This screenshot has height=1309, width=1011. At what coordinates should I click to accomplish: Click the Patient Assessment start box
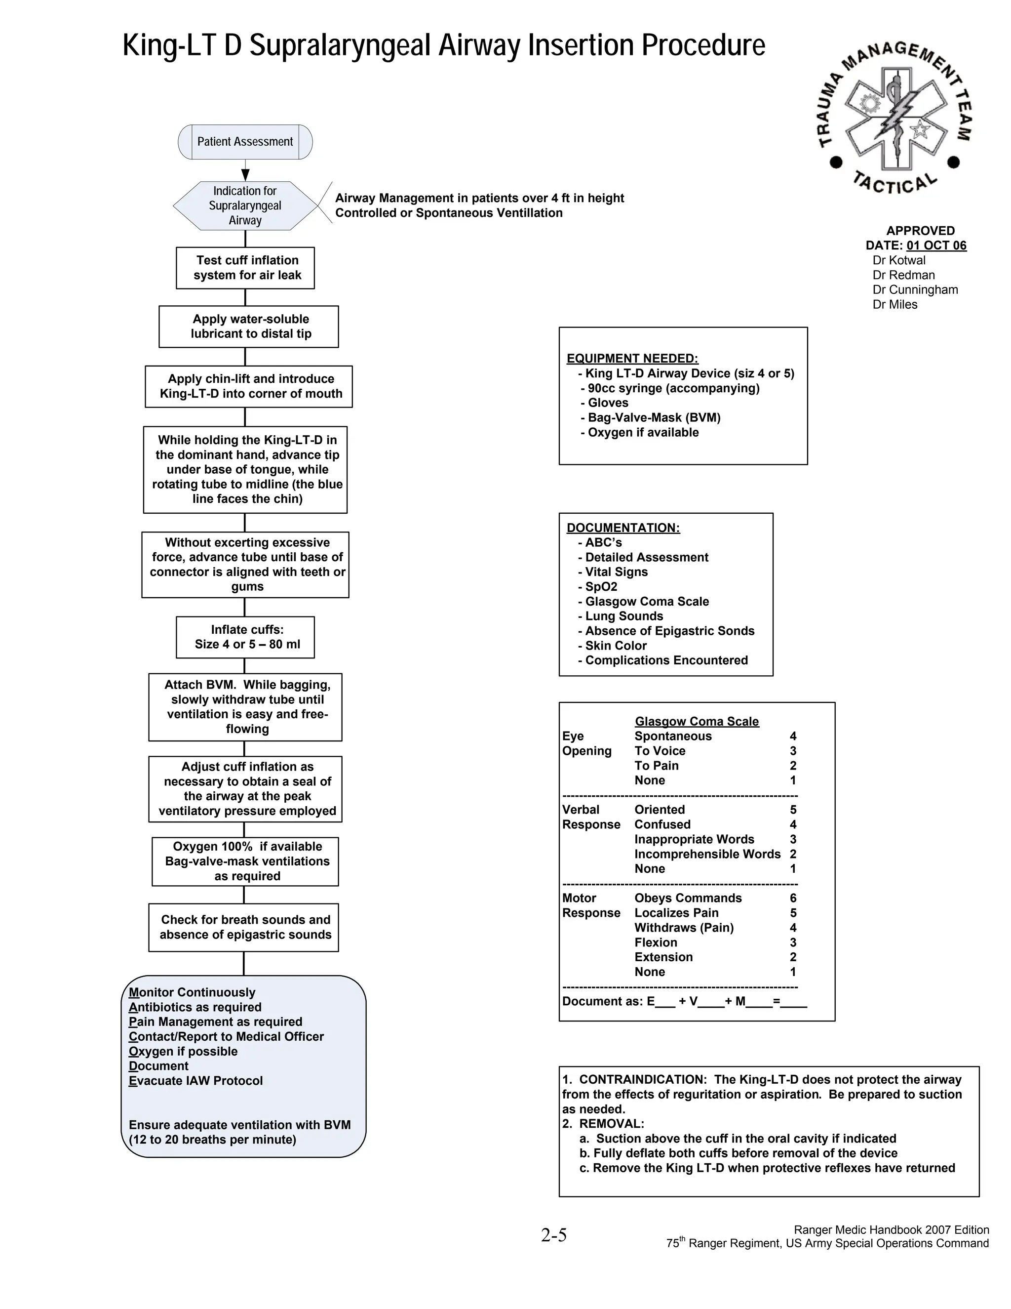245,142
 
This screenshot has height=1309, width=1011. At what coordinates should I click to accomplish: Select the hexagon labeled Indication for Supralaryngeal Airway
245,205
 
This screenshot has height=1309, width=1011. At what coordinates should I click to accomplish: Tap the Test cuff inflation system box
245,268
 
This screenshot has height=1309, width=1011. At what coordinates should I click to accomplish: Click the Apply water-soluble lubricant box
249,327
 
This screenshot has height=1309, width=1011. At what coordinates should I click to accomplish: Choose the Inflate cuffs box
245,637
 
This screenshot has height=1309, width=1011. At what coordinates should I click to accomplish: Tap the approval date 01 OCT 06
936,245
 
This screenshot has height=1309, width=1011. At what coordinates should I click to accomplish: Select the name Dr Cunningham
915,289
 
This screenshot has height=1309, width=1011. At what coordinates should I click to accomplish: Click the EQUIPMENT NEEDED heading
632,359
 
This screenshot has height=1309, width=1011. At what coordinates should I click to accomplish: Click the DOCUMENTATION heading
623,528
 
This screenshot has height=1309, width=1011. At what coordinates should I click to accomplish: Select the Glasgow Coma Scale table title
697,722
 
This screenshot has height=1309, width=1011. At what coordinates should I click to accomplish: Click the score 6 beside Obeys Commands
793,898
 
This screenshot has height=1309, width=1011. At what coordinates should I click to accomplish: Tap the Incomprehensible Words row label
707,854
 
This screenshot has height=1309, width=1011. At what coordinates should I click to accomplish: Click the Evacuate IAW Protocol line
196,1081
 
